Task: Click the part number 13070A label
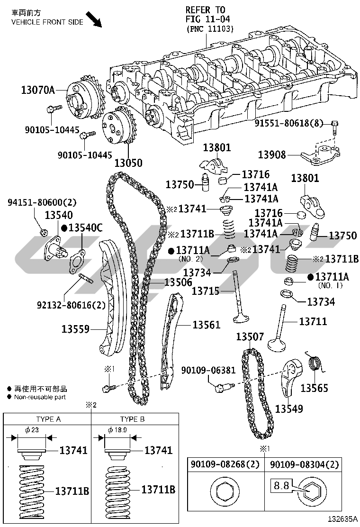[37, 89]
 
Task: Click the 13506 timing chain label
[178, 282]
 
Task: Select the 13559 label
[75, 328]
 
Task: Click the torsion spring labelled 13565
[315, 365]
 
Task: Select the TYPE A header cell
[48, 419]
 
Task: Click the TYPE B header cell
[133, 419]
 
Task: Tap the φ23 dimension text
[32, 429]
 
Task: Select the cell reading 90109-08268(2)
[225, 465]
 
